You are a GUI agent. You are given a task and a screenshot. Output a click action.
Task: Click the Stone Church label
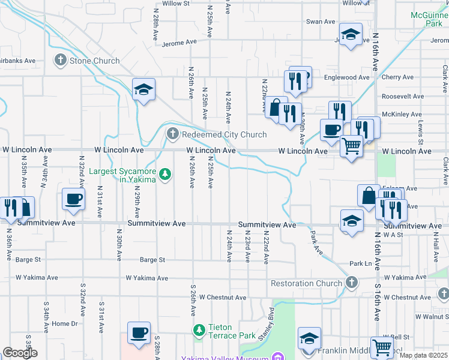95,61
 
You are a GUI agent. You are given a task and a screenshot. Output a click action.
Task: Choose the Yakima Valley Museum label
234,358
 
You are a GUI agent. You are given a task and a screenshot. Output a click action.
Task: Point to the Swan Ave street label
321,22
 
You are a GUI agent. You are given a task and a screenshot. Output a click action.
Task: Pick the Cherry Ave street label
397,77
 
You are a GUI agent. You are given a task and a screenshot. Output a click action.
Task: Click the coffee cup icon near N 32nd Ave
74,199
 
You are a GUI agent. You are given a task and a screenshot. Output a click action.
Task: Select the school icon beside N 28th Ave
144,90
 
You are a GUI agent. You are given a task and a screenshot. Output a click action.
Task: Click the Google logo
20,353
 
